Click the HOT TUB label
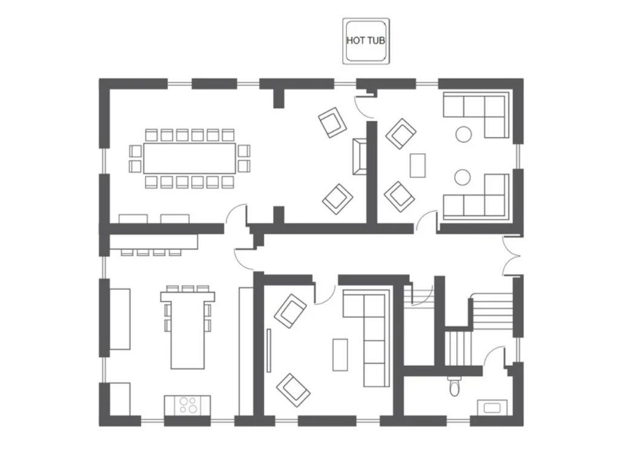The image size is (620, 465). tap(366, 41)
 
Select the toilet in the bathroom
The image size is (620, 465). tap(455, 386)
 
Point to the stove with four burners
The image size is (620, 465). tap(187, 404)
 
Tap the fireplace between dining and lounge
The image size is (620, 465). tap(360, 156)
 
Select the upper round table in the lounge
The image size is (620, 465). tap(463, 134)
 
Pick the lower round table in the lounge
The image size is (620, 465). tap(463, 177)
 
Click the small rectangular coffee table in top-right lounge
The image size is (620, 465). tap(417, 165)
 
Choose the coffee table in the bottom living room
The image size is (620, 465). tap(341, 354)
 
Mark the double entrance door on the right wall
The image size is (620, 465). tap(512, 255)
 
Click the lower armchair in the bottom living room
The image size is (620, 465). tap(293, 389)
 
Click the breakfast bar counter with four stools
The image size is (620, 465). tap(154, 242)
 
